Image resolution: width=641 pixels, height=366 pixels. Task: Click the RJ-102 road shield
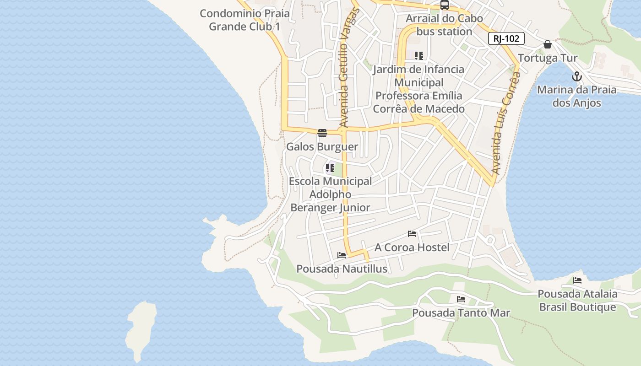point(506,39)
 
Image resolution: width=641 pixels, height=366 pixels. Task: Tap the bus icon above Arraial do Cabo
point(444,5)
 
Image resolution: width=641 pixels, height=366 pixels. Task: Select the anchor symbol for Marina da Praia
point(576,76)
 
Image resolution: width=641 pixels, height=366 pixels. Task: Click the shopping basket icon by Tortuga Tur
point(547,44)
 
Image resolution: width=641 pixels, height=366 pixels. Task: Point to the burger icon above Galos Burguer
point(322,134)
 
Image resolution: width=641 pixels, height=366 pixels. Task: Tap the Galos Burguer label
point(322,147)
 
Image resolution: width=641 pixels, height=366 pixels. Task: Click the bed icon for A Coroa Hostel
point(412,234)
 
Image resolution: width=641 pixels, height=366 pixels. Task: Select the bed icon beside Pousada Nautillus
point(342,255)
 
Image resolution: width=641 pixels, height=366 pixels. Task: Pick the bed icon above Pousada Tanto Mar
point(461,299)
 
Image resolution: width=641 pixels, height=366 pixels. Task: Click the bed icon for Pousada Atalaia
point(577,280)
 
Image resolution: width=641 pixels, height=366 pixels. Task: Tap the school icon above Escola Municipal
point(330,168)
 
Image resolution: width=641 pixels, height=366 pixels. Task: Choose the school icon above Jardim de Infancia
point(418,56)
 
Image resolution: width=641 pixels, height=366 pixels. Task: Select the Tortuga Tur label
point(548,58)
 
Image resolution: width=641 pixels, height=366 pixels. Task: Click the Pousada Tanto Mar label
point(461,313)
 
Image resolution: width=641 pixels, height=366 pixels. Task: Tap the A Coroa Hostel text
point(412,248)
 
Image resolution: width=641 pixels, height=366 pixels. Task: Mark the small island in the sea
point(140,329)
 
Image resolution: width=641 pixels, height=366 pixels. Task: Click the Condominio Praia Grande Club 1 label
point(244,20)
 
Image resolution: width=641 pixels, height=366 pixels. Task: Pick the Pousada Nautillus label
point(342,269)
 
